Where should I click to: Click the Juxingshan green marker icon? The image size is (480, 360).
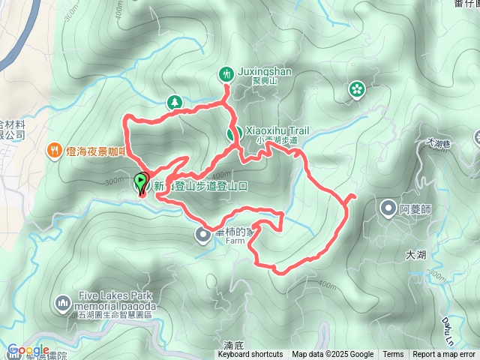(x=226, y=73)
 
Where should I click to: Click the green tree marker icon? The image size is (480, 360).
(x=174, y=101)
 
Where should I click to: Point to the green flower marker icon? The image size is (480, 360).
(x=355, y=90)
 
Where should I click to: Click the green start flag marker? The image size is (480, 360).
(x=141, y=182)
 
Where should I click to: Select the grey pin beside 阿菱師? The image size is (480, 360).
(x=388, y=208)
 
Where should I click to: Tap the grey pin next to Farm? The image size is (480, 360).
(x=203, y=235)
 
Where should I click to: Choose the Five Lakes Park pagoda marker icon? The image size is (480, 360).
(x=63, y=303)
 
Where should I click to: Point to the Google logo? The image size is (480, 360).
(x=28, y=350)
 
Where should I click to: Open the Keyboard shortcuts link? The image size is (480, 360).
(x=250, y=355)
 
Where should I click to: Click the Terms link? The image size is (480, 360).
(x=393, y=355)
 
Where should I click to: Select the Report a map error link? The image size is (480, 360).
(x=445, y=355)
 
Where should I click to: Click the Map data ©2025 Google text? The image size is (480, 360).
(x=333, y=355)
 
